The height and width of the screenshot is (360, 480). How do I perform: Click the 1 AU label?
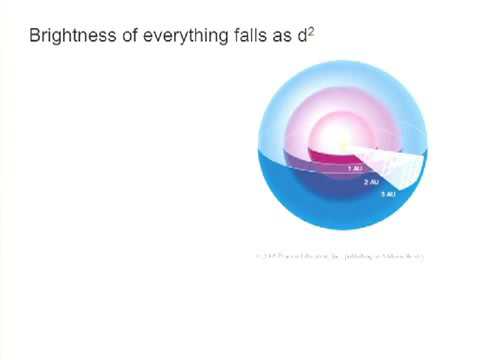coord(354,169)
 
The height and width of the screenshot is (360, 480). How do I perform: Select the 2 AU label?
coord(371,182)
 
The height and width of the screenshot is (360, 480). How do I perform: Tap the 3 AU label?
coord(388,193)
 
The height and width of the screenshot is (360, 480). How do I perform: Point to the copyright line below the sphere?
coord(340,256)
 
